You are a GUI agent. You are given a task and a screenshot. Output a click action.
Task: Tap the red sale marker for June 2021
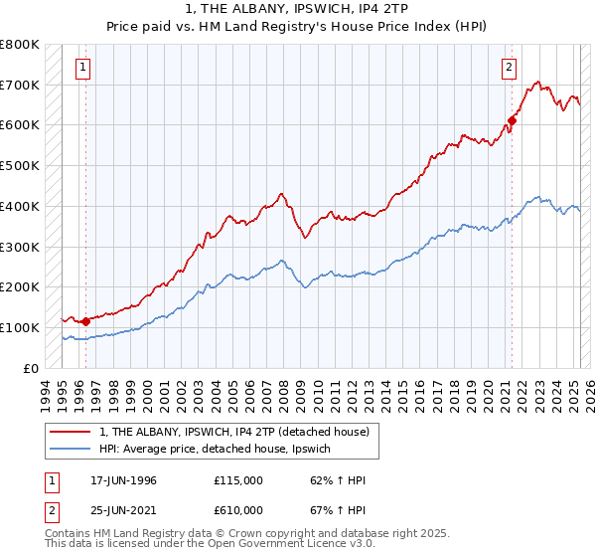(x=513, y=120)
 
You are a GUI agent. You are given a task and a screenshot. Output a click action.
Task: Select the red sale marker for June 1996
(x=85, y=321)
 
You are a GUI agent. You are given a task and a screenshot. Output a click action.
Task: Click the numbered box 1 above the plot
(x=81, y=68)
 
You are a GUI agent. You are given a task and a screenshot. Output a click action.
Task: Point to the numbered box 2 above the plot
(x=509, y=68)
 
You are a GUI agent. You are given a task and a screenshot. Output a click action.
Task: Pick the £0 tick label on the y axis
(x=30, y=368)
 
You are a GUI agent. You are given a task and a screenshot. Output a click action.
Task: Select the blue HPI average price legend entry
(x=221, y=450)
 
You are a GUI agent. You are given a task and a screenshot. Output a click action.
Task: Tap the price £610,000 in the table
(x=237, y=509)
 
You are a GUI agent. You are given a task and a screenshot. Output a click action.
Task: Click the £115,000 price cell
(x=237, y=480)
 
